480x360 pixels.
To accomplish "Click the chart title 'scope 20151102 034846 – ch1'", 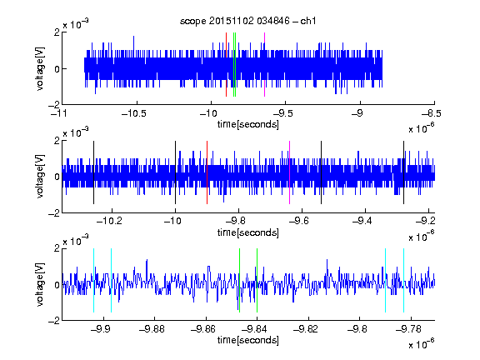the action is click(248, 21).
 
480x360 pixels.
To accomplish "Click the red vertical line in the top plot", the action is click(226, 65).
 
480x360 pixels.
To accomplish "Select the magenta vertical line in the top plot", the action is click(264, 65).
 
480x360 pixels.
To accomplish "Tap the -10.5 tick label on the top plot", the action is click(134, 114).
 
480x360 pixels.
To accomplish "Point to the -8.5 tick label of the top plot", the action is click(432, 114).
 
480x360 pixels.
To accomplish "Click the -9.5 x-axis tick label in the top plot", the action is click(282, 114).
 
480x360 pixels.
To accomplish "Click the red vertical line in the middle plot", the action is click(207, 172).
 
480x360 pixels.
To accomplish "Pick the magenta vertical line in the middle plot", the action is click(290, 172).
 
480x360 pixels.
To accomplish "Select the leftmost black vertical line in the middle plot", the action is click(93, 172).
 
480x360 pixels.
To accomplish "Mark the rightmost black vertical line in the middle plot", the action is click(404, 172).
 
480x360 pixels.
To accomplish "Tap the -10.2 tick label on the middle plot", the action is click(109, 221).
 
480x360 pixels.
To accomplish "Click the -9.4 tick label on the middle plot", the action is click(362, 221).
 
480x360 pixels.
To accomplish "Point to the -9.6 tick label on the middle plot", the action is click(299, 221).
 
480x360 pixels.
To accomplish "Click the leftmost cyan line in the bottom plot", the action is click(93, 280).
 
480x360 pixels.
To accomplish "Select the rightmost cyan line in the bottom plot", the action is click(404, 280).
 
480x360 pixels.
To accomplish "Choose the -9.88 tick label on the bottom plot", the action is click(152, 329).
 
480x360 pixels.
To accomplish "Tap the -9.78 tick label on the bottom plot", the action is click(408, 329).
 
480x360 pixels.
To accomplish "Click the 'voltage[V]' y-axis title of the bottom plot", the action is click(40, 284).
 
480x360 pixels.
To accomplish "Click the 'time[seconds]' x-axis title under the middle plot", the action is click(248, 232).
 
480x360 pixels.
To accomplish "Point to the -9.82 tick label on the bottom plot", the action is click(306, 329).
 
